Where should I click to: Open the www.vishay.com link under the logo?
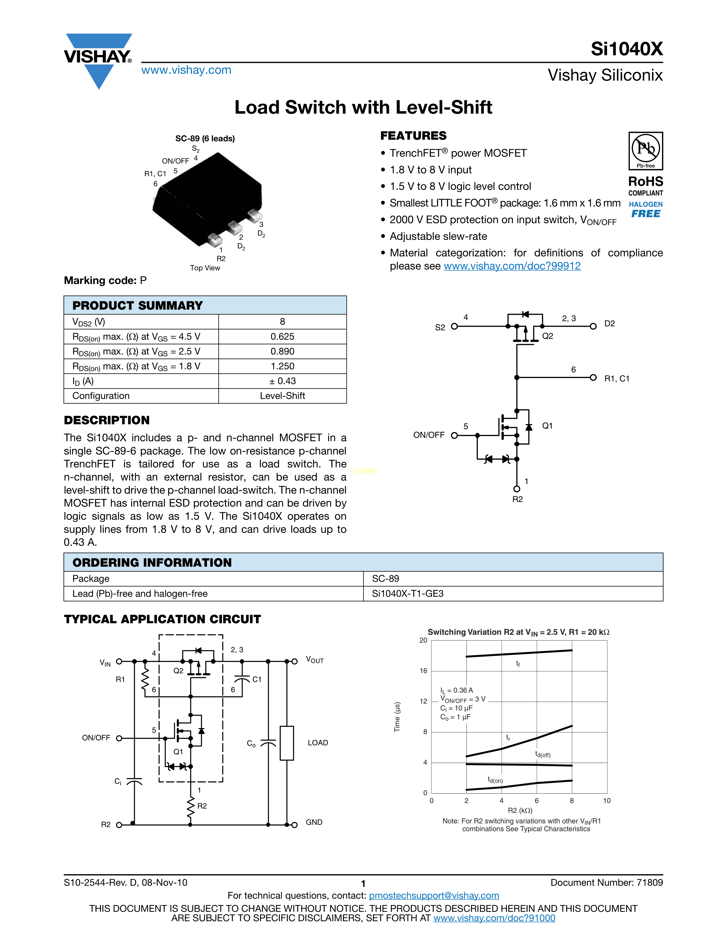tap(186, 70)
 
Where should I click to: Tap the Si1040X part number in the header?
tap(626, 49)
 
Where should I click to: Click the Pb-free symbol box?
tap(645, 151)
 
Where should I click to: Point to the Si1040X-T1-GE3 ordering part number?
tap(407, 594)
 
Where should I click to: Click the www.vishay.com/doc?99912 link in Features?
tap(512, 266)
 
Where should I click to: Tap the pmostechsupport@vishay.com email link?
tap(434, 896)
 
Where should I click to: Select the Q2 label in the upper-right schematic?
tap(547, 336)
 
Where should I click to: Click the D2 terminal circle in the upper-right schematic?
tap(593, 326)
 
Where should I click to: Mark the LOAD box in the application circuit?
tap(287, 743)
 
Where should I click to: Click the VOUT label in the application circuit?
tap(314, 660)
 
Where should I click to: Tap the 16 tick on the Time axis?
tap(423, 671)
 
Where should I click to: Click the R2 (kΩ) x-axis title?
tap(520, 810)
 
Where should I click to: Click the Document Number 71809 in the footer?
tap(606, 882)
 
